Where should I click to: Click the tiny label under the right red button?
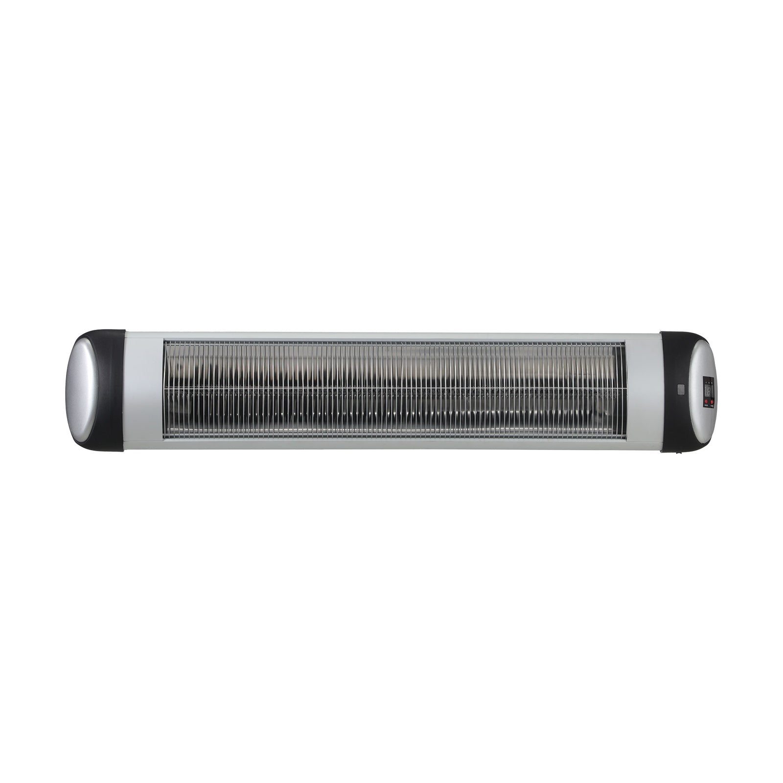click(712, 405)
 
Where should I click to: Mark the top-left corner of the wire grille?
click(164, 342)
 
